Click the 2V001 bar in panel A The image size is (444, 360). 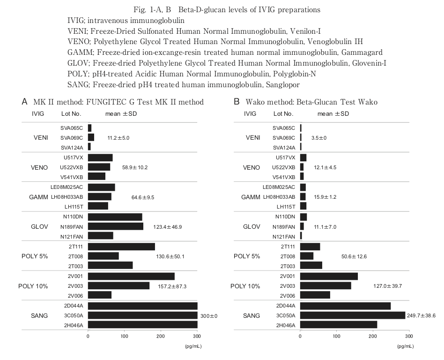pyautogui.click(x=131, y=276)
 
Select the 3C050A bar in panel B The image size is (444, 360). pyautogui.click(x=352, y=315)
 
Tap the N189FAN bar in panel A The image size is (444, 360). pyautogui.click(x=115, y=226)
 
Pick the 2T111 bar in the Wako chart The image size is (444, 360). pyautogui.click(x=310, y=247)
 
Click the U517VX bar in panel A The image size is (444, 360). pyautogui.click(x=100, y=157)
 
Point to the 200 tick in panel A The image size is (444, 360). pyautogui.click(x=161, y=336)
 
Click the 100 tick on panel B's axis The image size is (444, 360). pyautogui.click(x=336, y=336)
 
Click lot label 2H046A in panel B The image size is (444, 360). pyautogui.click(x=284, y=324)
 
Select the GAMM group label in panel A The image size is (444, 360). pyautogui.click(x=38, y=197)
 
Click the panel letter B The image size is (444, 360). pyautogui.click(x=237, y=102)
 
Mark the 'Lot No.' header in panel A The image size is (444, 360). pyautogui.click(x=71, y=114)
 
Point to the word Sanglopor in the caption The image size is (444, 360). pyautogui.click(x=283, y=84)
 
